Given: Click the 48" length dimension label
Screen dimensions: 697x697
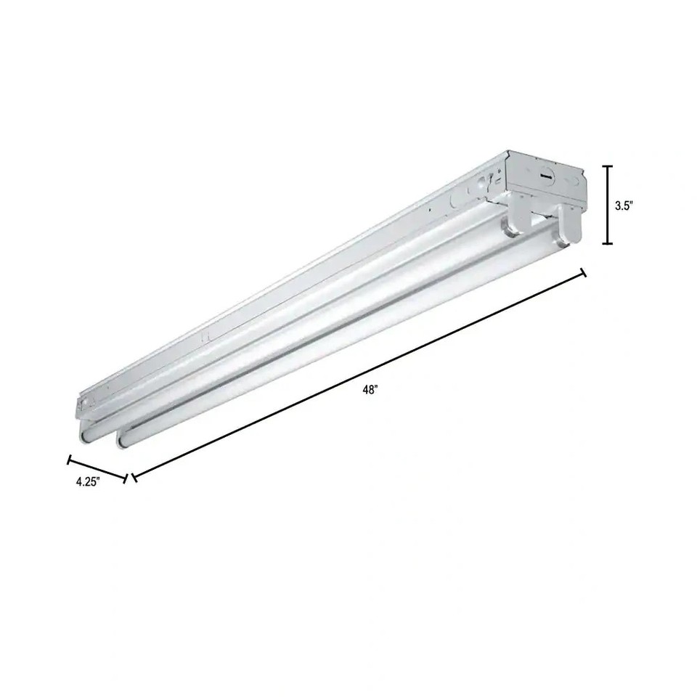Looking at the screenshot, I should [x=371, y=391].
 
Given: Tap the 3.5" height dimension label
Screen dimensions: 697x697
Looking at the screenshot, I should [x=624, y=205].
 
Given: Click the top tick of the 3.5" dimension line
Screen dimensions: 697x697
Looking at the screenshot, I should [x=608, y=166].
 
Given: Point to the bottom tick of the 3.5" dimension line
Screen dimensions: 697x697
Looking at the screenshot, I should [x=608, y=245].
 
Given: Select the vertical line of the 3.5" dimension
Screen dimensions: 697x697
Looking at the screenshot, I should [x=608, y=205].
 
